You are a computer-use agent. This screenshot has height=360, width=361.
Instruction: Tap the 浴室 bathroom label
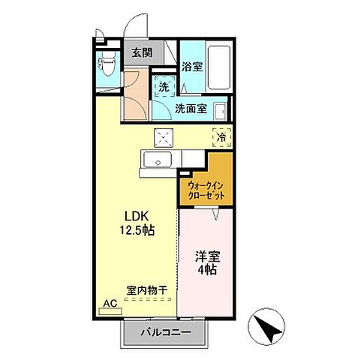tap(191, 66)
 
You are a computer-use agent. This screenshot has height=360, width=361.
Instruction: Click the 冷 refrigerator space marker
tap(221, 136)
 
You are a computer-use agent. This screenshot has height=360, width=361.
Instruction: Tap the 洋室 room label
tap(203, 255)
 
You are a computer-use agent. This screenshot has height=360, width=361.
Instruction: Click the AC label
tap(109, 304)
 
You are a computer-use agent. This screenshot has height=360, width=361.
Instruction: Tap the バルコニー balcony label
tap(166, 331)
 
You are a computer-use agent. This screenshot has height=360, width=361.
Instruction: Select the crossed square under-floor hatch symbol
tap(164, 136)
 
